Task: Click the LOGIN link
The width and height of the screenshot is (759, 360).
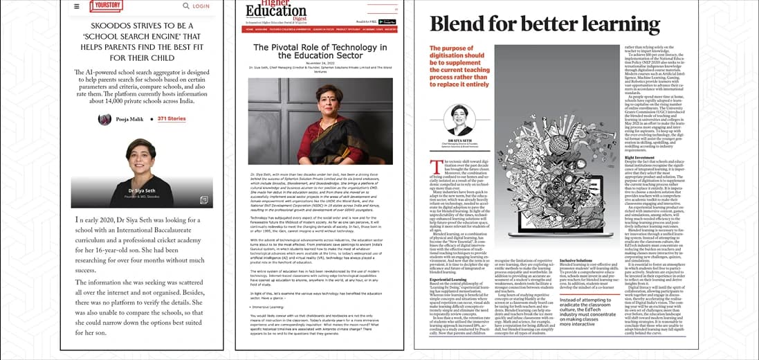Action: click(x=201, y=6)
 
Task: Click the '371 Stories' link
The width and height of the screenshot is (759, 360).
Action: click(x=172, y=118)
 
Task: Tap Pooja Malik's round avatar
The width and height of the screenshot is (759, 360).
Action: click(x=104, y=119)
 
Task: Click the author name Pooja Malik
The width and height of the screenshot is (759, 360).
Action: click(x=131, y=119)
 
